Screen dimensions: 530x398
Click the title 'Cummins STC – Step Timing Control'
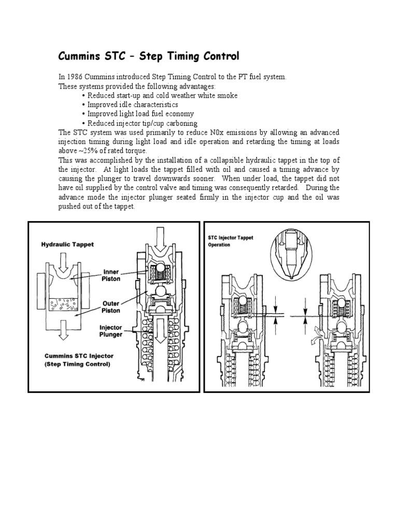click(x=148, y=56)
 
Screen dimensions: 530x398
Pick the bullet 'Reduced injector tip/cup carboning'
click(x=142, y=123)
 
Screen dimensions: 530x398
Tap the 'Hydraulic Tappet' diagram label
click(x=67, y=244)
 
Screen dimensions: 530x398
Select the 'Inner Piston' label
click(x=111, y=274)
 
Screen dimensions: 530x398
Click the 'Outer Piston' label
click(x=111, y=306)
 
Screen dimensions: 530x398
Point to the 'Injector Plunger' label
click(x=111, y=331)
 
